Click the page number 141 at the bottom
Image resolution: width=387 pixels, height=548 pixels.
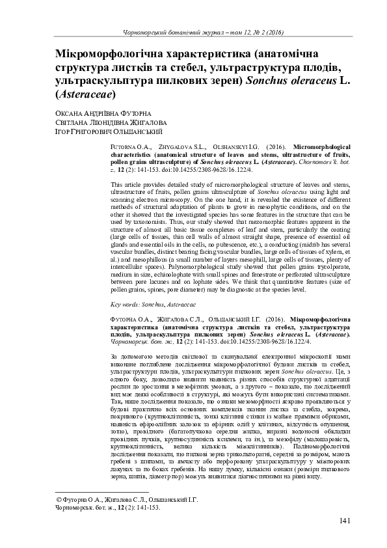(x=345, y=521)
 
